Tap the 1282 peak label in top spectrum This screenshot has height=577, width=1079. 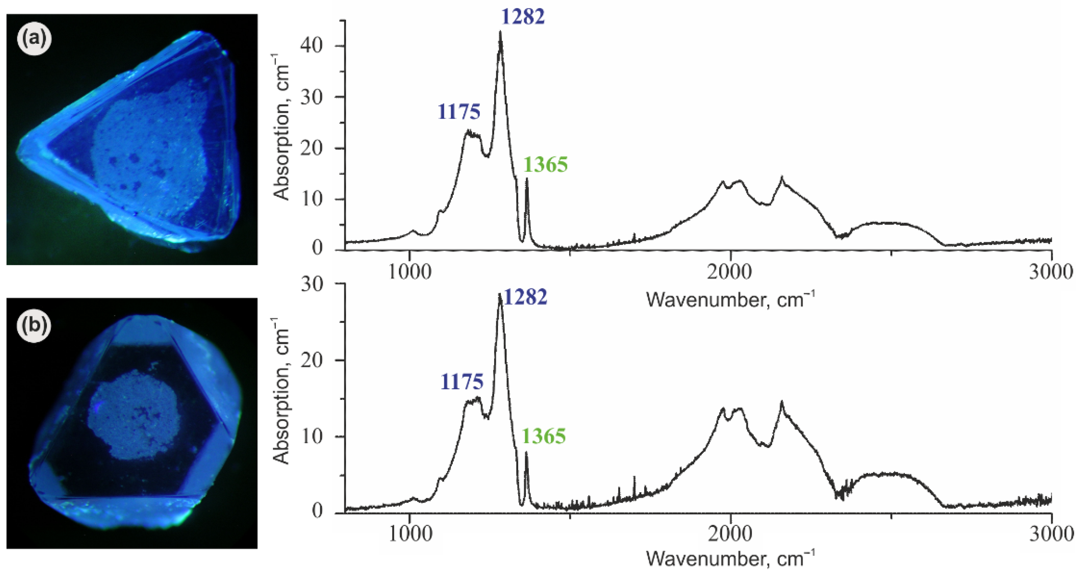point(523,17)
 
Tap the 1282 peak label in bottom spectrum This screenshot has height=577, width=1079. point(525,297)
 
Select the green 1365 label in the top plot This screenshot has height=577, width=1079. point(545,165)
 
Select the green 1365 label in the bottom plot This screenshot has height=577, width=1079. point(544,436)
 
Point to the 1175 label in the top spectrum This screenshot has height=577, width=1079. point(459,112)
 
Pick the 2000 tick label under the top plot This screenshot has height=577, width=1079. point(730,272)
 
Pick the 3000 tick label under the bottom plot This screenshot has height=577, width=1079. point(1051,535)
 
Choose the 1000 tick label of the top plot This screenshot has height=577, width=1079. point(409,272)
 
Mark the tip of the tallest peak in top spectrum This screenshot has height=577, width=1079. point(500,32)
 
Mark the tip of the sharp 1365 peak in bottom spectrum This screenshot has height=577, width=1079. point(526,452)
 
